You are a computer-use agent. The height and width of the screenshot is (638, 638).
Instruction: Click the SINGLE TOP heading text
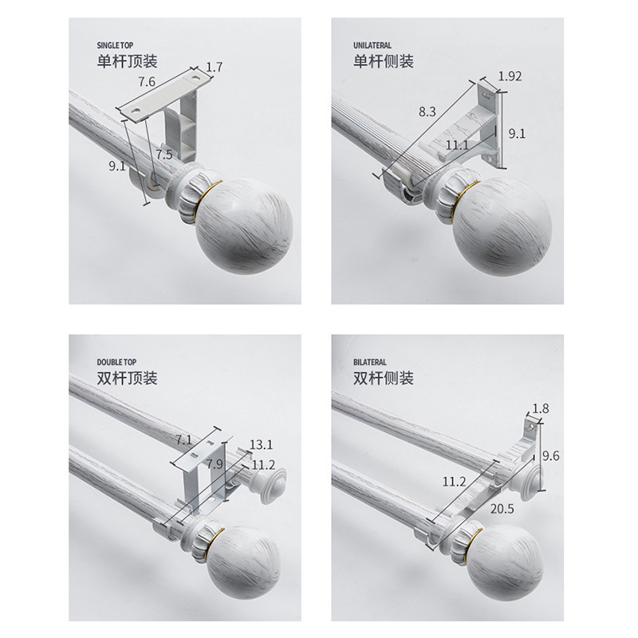(115, 45)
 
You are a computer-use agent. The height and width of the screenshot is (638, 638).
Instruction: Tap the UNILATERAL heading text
(372, 45)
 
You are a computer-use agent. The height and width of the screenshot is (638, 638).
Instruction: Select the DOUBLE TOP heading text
(116, 362)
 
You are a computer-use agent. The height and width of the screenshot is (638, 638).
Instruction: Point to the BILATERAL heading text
(370, 362)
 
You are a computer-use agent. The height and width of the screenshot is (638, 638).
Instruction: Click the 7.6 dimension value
(147, 82)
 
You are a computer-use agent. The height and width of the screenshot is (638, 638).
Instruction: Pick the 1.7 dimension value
(214, 67)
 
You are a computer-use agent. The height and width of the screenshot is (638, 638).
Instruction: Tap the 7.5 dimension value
(164, 155)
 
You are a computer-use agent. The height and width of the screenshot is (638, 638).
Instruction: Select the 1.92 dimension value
(510, 76)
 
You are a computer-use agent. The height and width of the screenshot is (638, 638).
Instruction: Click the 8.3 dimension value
(427, 111)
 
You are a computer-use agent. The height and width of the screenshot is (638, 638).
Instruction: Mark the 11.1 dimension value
(457, 145)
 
